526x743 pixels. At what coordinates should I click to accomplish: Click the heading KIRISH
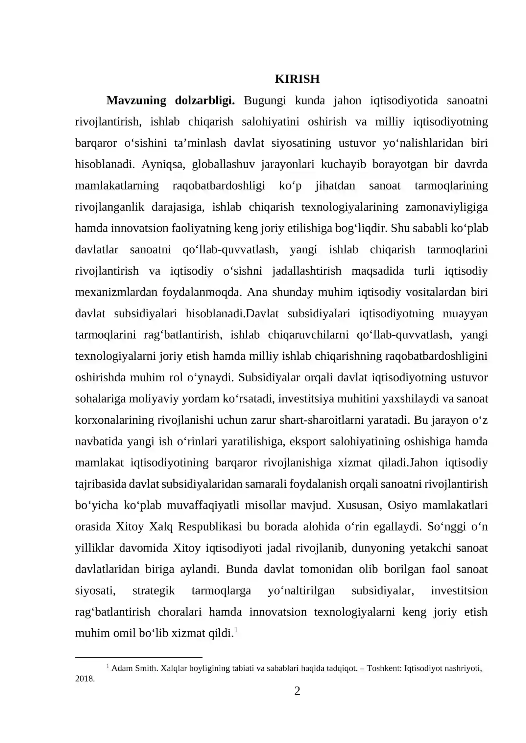pyautogui.click(x=297, y=79)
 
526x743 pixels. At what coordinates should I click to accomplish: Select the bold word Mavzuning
pyautogui.click(x=136, y=100)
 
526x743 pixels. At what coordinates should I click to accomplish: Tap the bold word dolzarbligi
pyautogui.click(x=204, y=100)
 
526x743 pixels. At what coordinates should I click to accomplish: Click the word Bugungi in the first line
pyautogui.click(x=265, y=100)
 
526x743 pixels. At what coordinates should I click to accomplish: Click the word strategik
pyautogui.click(x=154, y=590)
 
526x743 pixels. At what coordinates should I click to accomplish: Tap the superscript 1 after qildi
pyautogui.click(x=236, y=630)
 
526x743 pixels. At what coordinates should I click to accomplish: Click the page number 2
pyautogui.click(x=297, y=691)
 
